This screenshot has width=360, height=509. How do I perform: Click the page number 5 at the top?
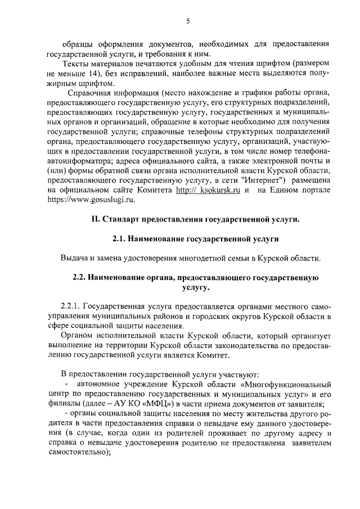(x=188, y=21)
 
